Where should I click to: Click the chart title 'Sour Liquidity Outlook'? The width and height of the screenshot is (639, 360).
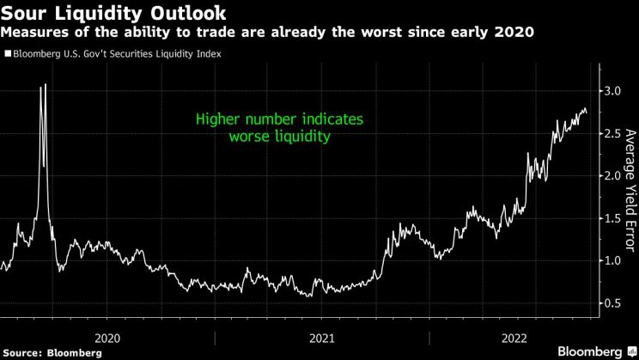(114, 13)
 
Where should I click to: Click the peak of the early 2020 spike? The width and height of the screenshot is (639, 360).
(45, 84)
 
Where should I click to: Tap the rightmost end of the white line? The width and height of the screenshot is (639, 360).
(587, 111)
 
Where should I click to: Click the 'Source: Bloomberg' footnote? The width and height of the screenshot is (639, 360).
(42, 352)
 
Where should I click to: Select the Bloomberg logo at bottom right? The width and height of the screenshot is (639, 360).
(593, 351)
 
